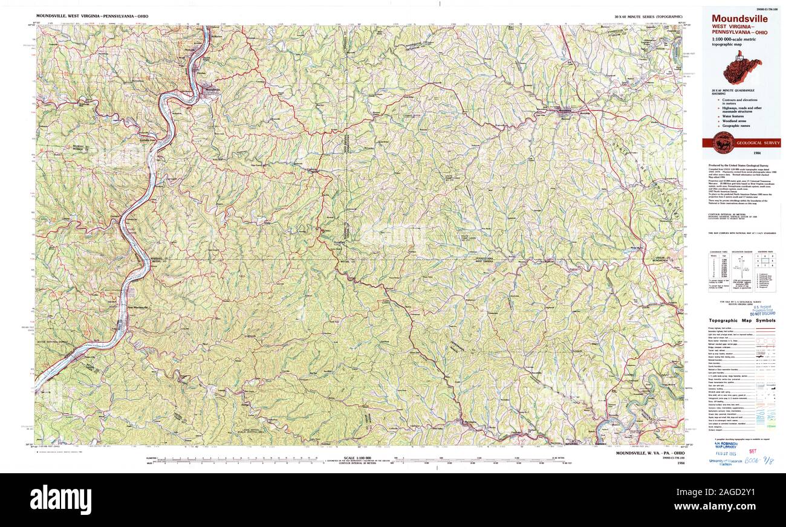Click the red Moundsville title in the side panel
click(x=739, y=19)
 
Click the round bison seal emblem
click(x=723, y=143)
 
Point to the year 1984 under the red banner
click(x=741, y=155)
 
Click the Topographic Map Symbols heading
click(x=742, y=320)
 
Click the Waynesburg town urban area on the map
click(x=564, y=111)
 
